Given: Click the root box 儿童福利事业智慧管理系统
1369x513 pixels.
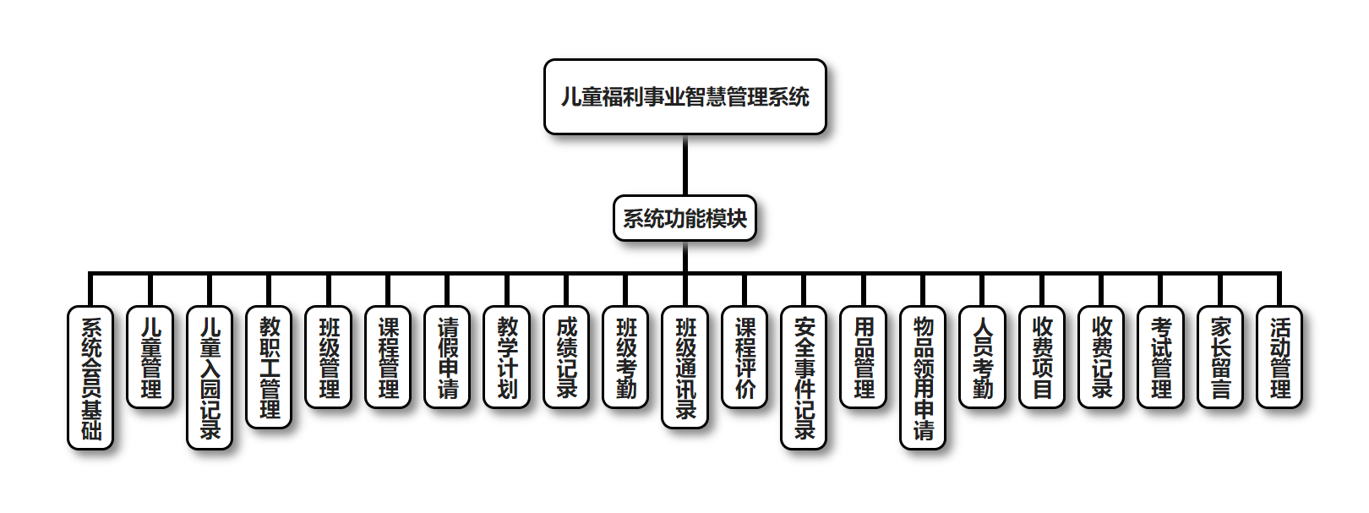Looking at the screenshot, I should click(x=684, y=97).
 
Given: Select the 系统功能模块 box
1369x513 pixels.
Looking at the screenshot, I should click(x=684, y=219).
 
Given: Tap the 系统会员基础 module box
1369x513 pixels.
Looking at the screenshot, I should click(x=90, y=377).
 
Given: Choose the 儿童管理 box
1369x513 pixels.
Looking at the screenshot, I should click(x=150, y=357).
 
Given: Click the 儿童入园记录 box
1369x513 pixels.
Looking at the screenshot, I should click(x=210, y=377).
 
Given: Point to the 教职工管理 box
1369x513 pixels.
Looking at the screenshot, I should click(x=269, y=367).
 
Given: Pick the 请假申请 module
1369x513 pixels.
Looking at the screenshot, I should click(x=447, y=357).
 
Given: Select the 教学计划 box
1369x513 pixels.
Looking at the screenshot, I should click(x=507, y=357).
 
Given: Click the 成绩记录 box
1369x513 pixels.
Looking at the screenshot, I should click(x=566, y=357).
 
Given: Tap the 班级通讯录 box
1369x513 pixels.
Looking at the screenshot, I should click(x=685, y=367).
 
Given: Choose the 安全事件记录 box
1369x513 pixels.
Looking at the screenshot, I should click(x=804, y=377).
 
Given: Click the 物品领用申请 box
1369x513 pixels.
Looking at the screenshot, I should click(x=923, y=377).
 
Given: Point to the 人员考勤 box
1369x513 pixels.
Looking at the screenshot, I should click(x=983, y=357).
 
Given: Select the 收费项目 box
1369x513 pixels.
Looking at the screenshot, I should click(x=1042, y=357).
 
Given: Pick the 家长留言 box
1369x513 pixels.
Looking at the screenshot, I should click(x=1220, y=357).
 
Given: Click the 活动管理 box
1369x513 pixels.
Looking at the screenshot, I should click(x=1279, y=357).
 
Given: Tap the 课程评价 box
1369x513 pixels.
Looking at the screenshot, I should click(x=744, y=357).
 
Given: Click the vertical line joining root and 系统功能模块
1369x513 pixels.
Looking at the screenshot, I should click(x=684, y=166).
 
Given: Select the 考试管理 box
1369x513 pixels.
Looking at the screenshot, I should click(x=1161, y=357).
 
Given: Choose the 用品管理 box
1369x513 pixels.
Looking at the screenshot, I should click(x=864, y=357).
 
